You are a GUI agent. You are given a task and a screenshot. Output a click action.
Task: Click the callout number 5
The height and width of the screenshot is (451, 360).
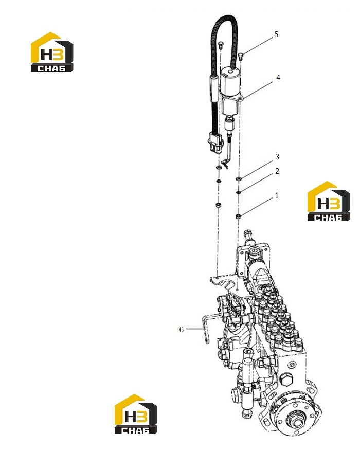pos(276,34)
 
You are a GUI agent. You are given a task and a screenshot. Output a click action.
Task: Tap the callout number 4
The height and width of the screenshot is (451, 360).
pos(278,77)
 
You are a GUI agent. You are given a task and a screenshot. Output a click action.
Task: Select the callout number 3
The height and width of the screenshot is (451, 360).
pos(277,157)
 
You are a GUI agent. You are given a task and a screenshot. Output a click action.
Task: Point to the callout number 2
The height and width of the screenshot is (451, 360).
pos(277,171)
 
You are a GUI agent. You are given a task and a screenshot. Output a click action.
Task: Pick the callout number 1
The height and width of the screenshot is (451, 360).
pos(277,195)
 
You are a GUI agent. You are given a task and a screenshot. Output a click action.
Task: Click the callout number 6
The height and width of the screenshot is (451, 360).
pos(182,329)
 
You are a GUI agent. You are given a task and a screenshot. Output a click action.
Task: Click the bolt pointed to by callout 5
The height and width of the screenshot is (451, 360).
pos(241,56)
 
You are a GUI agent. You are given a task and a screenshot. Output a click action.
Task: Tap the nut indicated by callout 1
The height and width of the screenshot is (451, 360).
pos(238,216)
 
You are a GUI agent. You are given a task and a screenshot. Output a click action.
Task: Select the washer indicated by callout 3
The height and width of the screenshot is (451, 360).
pos(238,179)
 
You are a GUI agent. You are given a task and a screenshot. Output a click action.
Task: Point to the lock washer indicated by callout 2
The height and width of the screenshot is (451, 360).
pos(238,192)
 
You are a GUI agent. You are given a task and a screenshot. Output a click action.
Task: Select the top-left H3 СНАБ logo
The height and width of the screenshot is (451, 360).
pos(52,52)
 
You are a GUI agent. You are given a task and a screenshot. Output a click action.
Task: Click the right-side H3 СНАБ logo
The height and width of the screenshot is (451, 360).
pos(329,201)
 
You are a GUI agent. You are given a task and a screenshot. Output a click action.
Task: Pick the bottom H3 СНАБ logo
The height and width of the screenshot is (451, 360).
pos(136,414)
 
